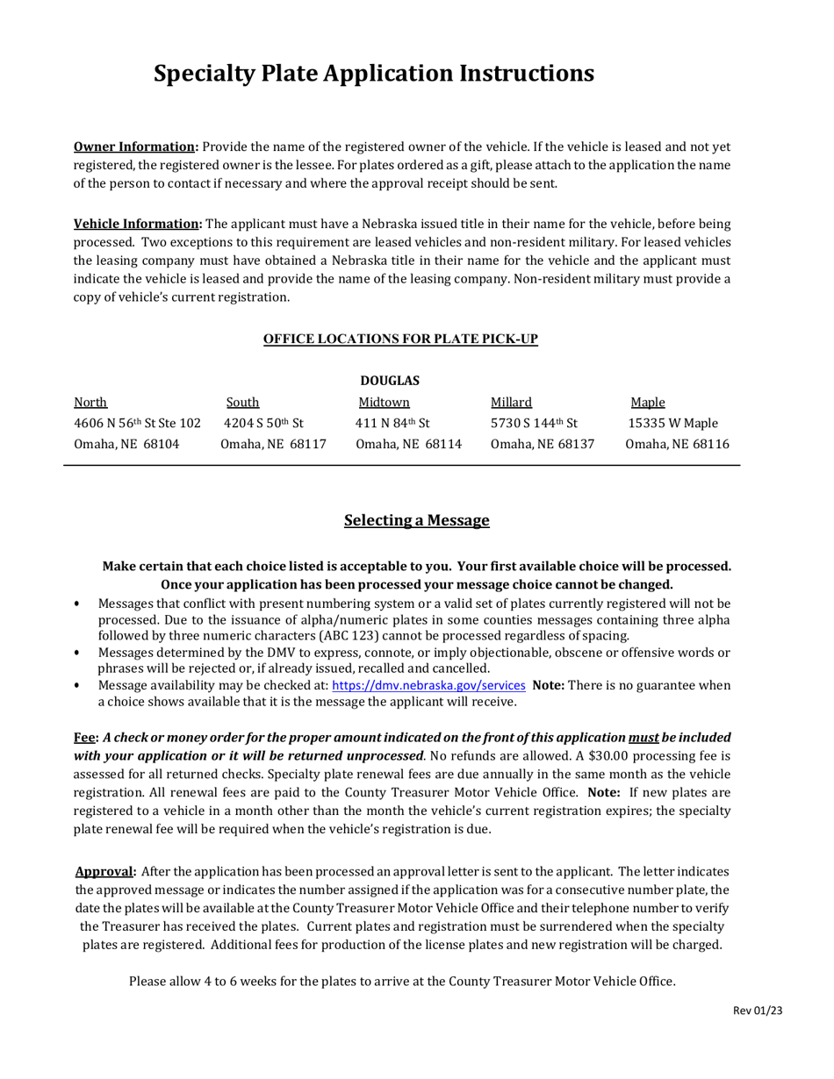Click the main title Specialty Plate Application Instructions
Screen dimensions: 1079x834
(x=373, y=74)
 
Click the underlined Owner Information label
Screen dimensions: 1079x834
(x=135, y=146)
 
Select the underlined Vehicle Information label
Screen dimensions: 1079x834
(x=137, y=224)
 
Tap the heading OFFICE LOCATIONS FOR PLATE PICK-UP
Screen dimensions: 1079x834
(x=400, y=339)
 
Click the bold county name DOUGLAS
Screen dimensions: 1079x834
(x=390, y=381)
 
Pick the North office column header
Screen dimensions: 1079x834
(x=90, y=403)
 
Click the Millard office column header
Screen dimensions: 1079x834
(x=511, y=403)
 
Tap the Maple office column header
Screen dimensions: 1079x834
(x=648, y=403)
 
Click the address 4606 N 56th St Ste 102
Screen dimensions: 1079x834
(x=138, y=424)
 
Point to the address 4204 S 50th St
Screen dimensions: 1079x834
(x=264, y=424)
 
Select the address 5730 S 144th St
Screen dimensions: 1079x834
(x=534, y=424)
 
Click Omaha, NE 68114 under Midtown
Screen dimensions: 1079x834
(x=408, y=444)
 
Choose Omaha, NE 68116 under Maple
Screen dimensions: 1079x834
(x=677, y=444)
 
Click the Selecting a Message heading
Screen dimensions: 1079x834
(x=416, y=520)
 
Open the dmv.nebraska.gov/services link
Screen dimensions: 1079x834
(x=428, y=685)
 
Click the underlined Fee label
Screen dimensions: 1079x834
(x=84, y=738)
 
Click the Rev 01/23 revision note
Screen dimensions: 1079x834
(x=758, y=1011)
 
